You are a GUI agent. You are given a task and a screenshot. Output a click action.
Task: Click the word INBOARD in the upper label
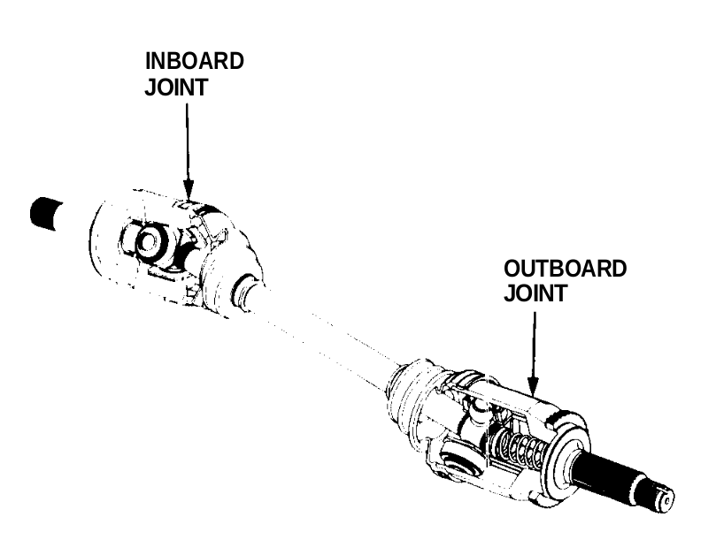coord(194,62)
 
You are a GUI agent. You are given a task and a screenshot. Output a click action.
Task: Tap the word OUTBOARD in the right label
coord(565,269)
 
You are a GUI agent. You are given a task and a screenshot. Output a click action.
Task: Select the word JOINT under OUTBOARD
coord(535,293)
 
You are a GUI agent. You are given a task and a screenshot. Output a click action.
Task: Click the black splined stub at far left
coord(42,213)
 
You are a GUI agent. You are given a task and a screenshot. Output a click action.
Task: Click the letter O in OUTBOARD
coord(512,269)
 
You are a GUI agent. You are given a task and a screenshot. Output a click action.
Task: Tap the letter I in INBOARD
coord(149,62)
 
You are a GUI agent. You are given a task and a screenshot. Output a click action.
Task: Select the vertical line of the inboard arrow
coord(188,141)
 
